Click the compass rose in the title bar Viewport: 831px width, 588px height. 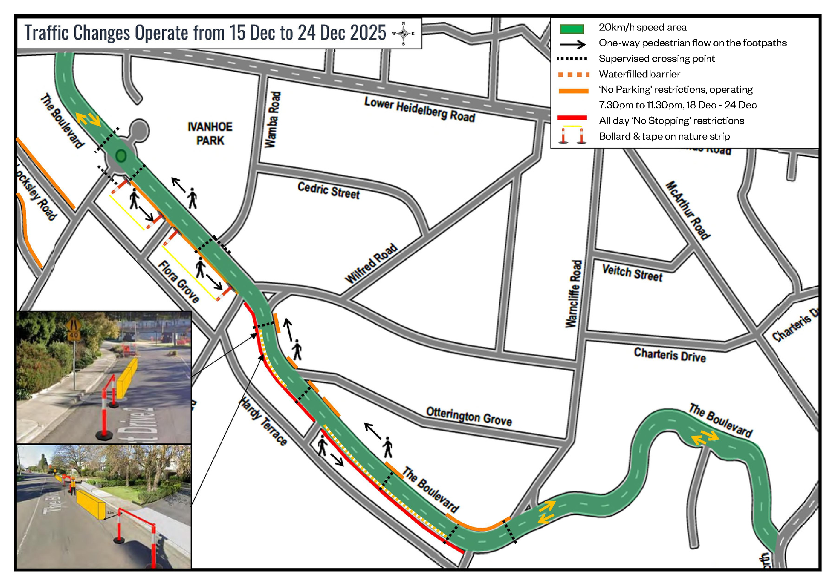(x=403, y=34)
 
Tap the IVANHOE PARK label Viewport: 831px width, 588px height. (x=210, y=134)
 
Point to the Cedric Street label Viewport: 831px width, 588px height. (x=328, y=191)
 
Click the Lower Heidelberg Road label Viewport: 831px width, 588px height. (x=419, y=109)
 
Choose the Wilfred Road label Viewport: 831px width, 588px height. (x=371, y=263)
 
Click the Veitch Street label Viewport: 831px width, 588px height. (x=632, y=273)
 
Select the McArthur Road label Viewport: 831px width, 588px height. (x=688, y=210)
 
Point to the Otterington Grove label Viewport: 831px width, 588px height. (x=469, y=416)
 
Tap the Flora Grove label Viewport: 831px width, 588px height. (x=179, y=281)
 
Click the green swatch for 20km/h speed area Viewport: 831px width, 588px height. (x=571, y=29)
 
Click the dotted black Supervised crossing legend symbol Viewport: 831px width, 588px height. (x=571, y=59)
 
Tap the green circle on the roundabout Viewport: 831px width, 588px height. (x=121, y=156)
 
